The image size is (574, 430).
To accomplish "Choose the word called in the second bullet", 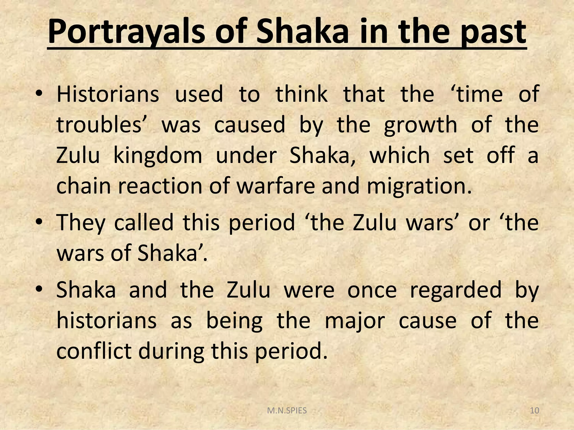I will click(144, 222).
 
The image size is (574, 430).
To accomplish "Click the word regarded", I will click(455, 290).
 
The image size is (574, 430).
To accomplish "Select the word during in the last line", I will click(171, 352).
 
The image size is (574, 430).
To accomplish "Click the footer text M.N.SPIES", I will click(287, 411).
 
